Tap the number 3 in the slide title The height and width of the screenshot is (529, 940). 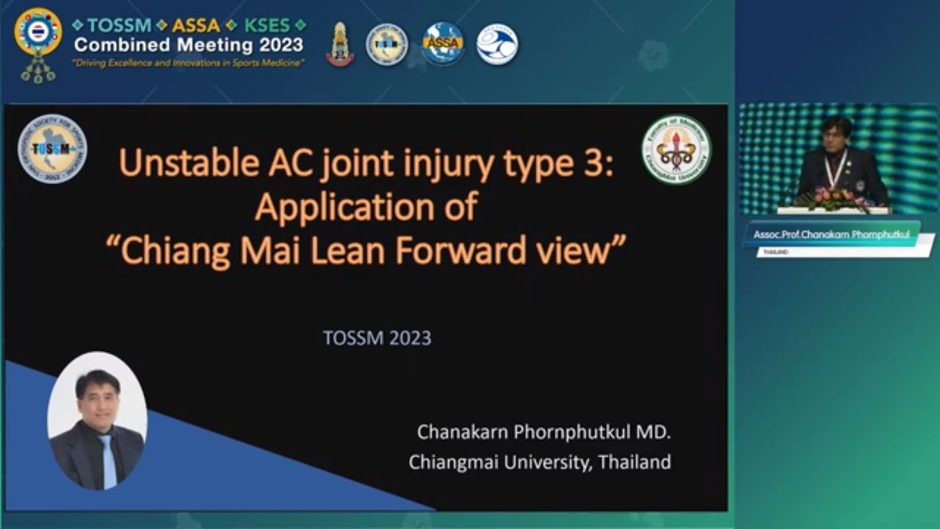pyautogui.click(x=595, y=162)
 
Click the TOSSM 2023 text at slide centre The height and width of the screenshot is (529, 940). pyautogui.click(x=377, y=338)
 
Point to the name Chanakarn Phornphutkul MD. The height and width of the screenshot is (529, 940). pyautogui.click(x=543, y=432)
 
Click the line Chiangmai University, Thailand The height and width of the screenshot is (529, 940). pyautogui.click(x=540, y=462)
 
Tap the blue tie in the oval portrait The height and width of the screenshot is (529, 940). pyautogui.click(x=107, y=459)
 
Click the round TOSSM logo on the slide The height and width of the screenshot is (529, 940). pyautogui.click(x=52, y=148)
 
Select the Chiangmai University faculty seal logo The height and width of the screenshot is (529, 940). pyautogui.click(x=676, y=148)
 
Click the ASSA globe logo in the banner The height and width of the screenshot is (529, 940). pyautogui.click(x=443, y=43)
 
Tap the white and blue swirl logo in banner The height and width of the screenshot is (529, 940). pyautogui.click(x=497, y=44)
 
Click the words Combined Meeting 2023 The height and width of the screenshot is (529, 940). pyautogui.click(x=188, y=45)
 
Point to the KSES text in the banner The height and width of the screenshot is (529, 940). pyautogui.click(x=267, y=25)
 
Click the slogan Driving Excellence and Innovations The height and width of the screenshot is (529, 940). pyautogui.click(x=188, y=63)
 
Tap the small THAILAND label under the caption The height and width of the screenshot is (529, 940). pyautogui.click(x=775, y=251)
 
